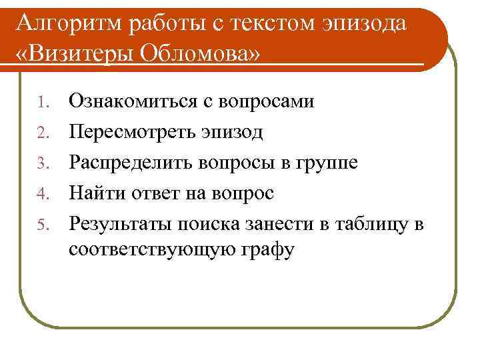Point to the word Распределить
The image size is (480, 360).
coord(133,163)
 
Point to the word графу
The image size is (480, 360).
coord(269,252)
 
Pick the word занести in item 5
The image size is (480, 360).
coord(280,224)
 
